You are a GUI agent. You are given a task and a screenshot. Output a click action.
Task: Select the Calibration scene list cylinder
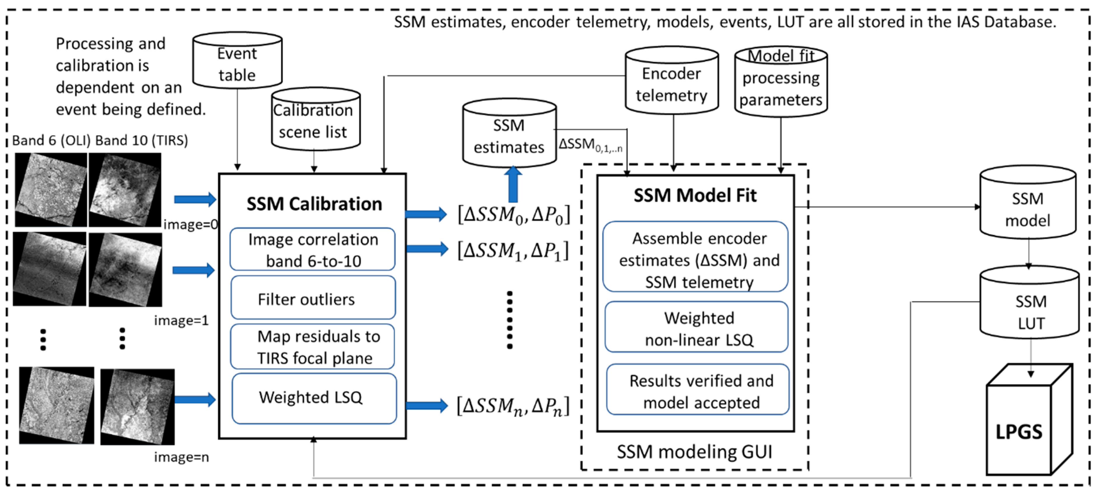(316, 120)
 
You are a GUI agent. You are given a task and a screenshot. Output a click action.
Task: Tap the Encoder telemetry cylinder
(671, 81)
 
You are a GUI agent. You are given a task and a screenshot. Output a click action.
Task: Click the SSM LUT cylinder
(1030, 304)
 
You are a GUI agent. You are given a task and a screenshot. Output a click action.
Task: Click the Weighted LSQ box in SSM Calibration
(314, 398)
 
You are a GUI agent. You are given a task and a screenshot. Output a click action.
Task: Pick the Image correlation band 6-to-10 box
(312, 250)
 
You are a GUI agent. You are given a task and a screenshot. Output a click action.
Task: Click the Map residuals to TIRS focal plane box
(312, 347)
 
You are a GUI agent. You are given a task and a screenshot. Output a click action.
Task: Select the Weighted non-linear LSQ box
(697, 328)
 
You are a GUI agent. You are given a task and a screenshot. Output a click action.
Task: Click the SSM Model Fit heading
(695, 195)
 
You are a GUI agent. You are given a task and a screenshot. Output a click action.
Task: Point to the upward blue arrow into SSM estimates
(513, 184)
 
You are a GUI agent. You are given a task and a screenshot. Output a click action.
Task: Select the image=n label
(181, 457)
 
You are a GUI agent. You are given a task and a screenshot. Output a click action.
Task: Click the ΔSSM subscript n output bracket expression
(513, 406)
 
